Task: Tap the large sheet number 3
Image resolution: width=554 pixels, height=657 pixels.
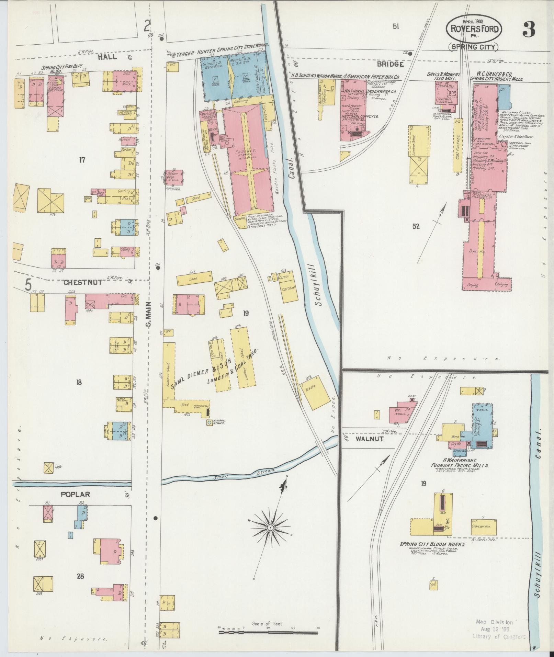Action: (529, 30)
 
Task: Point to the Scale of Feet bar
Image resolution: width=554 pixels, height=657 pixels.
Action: (268, 632)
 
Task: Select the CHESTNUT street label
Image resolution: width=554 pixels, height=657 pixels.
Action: (83, 282)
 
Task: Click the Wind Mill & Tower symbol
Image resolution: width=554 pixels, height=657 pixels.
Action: (209, 422)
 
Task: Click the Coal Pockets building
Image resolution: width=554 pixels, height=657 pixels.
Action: (457, 146)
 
